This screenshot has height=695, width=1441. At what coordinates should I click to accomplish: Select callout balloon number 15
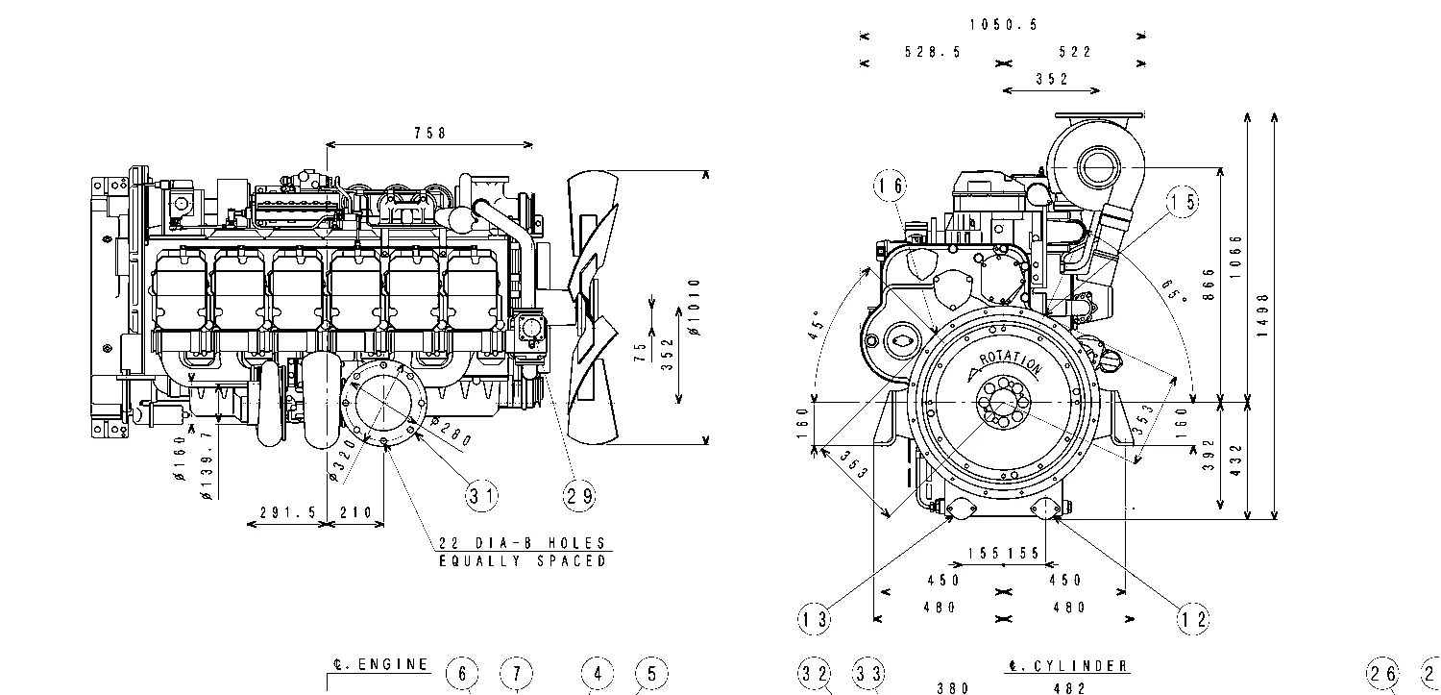[x=1184, y=201]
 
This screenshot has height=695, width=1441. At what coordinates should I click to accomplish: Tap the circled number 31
[x=482, y=495]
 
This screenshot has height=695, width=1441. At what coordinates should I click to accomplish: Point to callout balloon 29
[x=578, y=495]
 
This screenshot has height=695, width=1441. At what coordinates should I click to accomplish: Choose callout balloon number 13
[x=815, y=619]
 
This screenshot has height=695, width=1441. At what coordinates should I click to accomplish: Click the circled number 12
[x=1194, y=619]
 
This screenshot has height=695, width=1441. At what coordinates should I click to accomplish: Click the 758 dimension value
[x=429, y=135]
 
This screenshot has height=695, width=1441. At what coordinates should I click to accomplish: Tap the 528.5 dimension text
[x=932, y=53]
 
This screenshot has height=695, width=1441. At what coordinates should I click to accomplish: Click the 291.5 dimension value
[x=287, y=513]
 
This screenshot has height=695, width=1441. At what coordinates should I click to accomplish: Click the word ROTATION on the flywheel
[x=1009, y=363]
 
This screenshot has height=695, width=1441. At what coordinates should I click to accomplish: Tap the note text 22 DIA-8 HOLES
[x=522, y=543]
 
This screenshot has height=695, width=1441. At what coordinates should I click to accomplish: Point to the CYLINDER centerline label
[x=1067, y=666]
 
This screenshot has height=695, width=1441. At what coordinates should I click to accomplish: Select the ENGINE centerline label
[x=380, y=664]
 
